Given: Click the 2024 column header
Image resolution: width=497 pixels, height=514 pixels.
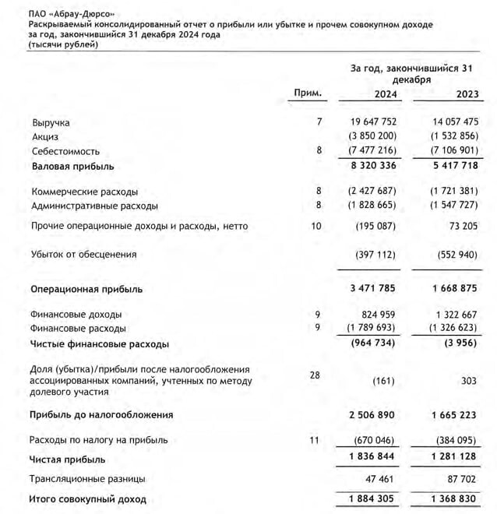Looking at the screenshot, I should pos(377,95).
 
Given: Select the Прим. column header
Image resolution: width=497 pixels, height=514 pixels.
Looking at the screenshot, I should pos(308,93).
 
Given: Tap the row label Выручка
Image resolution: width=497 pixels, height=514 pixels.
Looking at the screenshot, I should pos(51,123).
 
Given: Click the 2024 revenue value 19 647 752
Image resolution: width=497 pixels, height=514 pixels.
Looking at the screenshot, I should pos(368,123).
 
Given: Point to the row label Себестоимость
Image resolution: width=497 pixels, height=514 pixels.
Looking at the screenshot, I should pos(65,151).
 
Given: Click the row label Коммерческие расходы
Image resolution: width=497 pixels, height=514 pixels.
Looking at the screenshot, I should pos(85,192).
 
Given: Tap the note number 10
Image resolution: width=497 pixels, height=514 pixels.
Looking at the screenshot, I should pos(315,226).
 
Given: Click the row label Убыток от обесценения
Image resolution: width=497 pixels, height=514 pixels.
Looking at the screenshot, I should pos(83,254).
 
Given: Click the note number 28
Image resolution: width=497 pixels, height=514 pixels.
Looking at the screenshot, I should pos(315,375).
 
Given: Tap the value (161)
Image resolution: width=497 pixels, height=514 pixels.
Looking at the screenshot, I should pos(383,382).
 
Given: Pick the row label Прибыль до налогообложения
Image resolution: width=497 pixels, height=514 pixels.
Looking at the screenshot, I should pos(101,414).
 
